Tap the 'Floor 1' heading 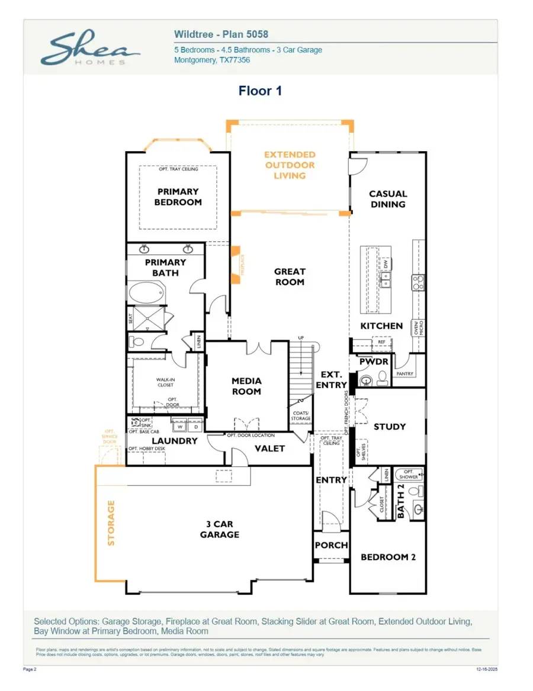pyautogui.click(x=260, y=91)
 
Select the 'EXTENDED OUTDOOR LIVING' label pyautogui.click(x=290, y=165)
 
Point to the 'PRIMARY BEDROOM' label pyautogui.click(x=178, y=197)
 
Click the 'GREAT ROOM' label pyautogui.click(x=290, y=277)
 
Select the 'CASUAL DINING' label pyautogui.click(x=388, y=199)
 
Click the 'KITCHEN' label pyautogui.click(x=381, y=326)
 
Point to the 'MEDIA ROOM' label pyautogui.click(x=246, y=386)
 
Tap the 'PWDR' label pyautogui.click(x=373, y=362)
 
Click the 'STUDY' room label pyautogui.click(x=390, y=427)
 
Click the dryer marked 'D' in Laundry pyautogui.click(x=195, y=426)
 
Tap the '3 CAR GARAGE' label pyautogui.click(x=219, y=529)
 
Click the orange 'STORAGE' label pyautogui.click(x=111, y=523)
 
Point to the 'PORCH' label pyautogui.click(x=331, y=545)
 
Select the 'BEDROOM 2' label pyautogui.click(x=388, y=557)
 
